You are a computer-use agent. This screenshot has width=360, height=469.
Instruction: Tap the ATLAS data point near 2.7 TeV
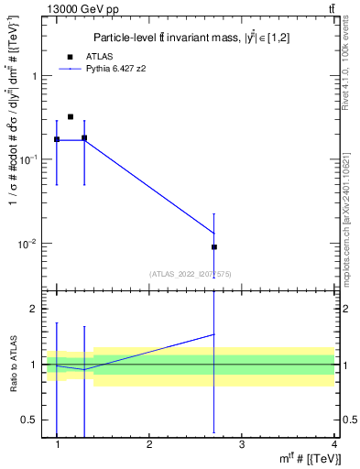pyautogui.click(x=214, y=246)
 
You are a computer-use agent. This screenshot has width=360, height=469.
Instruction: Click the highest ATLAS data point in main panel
pyautogui.click(x=71, y=117)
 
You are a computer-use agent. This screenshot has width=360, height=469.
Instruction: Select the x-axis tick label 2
pyautogui.click(x=149, y=444)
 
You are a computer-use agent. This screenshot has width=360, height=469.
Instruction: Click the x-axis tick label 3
pyautogui.click(x=241, y=444)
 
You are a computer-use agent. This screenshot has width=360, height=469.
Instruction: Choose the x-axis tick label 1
pyautogui.click(x=57, y=444)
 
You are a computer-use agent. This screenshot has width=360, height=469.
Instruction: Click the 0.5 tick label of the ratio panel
pyautogui.click(x=33, y=420)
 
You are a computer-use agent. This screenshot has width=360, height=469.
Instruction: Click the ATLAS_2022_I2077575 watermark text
pyautogui.click(x=191, y=273)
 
